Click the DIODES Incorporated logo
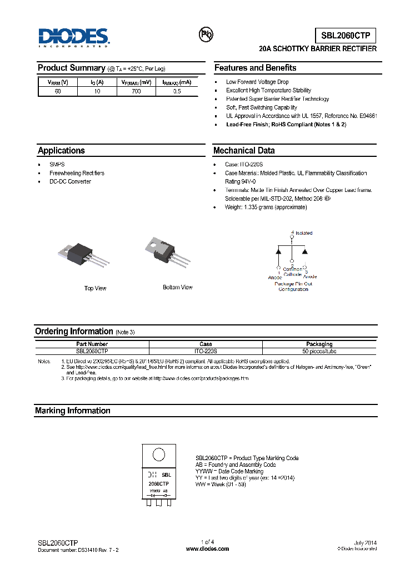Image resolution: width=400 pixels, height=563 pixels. click(74, 38)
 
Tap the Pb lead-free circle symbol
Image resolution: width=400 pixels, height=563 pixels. click(206, 34)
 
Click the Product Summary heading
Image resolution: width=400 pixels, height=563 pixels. click(71, 68)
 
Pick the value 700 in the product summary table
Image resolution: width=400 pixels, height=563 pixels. click(137, 91)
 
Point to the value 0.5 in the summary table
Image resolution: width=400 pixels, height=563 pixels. click(177, 91)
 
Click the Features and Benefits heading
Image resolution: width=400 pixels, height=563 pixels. click(256, 68)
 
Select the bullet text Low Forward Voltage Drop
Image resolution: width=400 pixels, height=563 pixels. click(257, 82)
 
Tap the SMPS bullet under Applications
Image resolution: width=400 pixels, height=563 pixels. click(57, 165)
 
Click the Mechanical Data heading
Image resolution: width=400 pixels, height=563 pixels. click(244, 151)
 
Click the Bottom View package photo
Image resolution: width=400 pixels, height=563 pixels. click(167, 250)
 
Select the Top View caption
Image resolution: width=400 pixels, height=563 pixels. click(95, 288)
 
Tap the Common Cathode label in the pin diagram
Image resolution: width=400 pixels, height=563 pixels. click(293, 272)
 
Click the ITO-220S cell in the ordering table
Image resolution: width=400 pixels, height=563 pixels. click(206, 352)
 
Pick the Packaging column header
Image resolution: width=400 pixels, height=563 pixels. click(319, 344)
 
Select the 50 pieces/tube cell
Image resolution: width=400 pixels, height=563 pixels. click(319, 352)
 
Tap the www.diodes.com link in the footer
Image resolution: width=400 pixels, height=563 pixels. click(207, 549)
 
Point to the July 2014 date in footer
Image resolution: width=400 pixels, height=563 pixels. click(365, 542)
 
